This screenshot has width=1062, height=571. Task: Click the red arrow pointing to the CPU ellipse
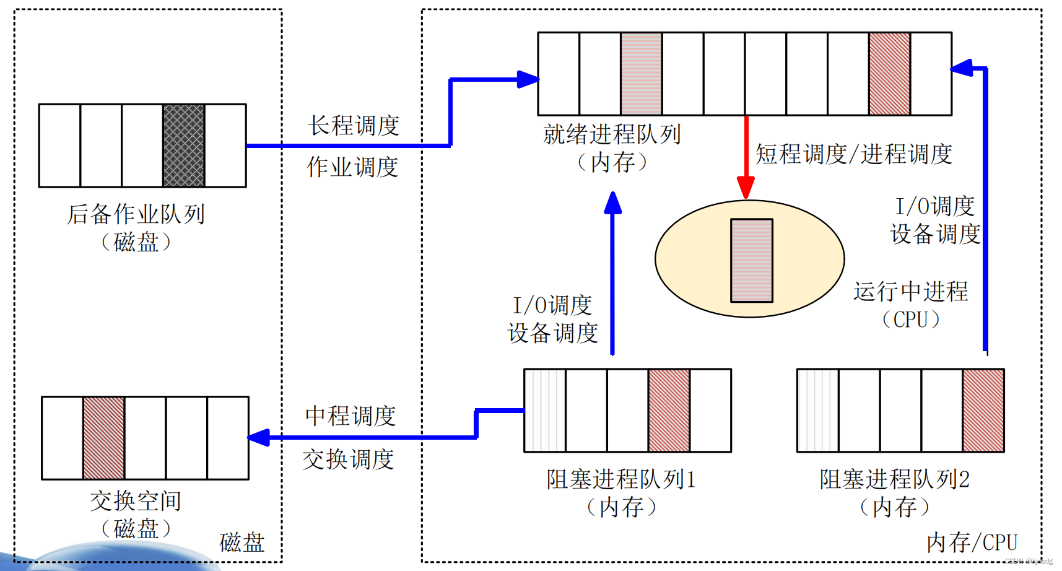coord(746,158)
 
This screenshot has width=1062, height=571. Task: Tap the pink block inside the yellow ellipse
coord(751,260)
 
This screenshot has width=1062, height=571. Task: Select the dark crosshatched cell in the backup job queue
coord(184,146)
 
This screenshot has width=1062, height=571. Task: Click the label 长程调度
coord(354,126)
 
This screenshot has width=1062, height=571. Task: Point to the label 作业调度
coord(352,167)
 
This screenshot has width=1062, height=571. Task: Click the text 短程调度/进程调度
coord(853,154)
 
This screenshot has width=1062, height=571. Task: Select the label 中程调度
coord(350,416)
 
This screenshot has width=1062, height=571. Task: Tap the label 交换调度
coord(348,460)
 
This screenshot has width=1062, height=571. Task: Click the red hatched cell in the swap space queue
coord(104,438)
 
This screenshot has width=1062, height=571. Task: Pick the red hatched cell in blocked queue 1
coord(669,410)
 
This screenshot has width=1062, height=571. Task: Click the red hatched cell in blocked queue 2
coord(983,410)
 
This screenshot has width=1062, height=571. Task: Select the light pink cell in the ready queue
coord(641,74)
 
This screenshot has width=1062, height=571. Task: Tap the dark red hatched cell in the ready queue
coord(889,74)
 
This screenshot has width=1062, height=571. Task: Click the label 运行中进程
coord(910,292)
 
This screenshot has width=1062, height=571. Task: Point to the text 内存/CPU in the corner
coord(972,543)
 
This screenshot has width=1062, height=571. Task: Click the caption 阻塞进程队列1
coord(621,479)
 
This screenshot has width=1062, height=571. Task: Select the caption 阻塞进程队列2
coord(894,479)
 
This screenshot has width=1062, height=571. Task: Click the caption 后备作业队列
coord(136,214)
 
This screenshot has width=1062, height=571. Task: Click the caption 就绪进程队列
coord(612,134)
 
